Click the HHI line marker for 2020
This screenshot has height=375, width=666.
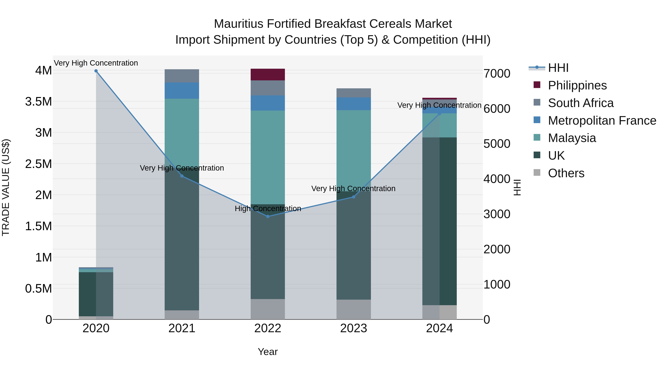click(x=96, y=71)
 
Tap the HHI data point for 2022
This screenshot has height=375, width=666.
click(x=268, y=216)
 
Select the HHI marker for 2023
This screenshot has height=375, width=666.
click(x=354, y=197)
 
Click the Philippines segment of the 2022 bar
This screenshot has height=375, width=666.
click(x=268, y=74)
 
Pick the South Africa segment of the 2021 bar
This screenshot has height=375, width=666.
click(x=182, y=76)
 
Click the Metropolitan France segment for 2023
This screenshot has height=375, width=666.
click(x=354, y=104)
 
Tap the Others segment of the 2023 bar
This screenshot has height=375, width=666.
click(x=354, y=309)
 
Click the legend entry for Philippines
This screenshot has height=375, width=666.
click(x=577, y=85)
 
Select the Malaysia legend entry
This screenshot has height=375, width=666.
click(x=572, y=138)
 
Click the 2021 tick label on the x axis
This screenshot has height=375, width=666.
click(x=182, y=328)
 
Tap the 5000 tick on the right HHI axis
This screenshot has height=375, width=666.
click(x=497, y=144)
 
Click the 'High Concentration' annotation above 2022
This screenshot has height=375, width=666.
click(x=268, y=209)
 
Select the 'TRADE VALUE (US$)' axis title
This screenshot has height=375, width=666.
click(x=6, y=187)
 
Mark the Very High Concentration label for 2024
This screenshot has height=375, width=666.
click(x=439, y=105)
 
